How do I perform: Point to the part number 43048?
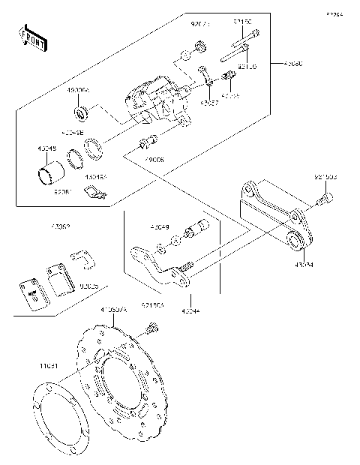[x=47, y=148]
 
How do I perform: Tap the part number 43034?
[x=304, y=264]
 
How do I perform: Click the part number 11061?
[x=49, y=366]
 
